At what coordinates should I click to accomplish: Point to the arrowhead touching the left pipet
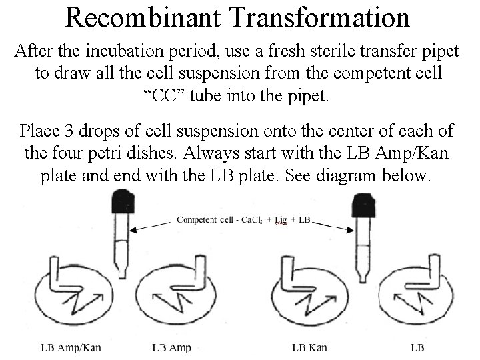(133, 230)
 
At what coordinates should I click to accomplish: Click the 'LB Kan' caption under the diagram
(309, 347)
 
